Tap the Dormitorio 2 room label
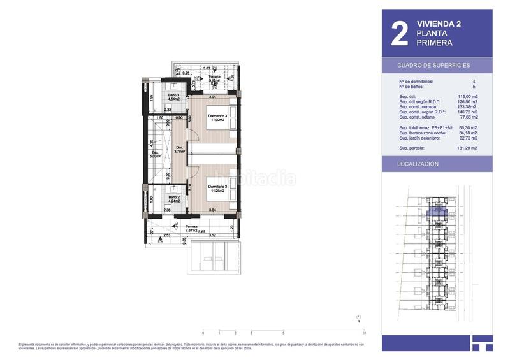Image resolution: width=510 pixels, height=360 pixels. pyautogui.click(x=217, y=187)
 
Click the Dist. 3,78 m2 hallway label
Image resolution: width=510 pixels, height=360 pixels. pyautogui.click(x=180, y=150)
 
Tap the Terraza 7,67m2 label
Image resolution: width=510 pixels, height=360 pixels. pyautogui.click(x=192, y=229)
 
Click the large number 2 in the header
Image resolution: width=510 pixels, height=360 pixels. pyautogui.click(x=400, y=35)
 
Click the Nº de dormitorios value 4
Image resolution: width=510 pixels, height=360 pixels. pyautogui.click(x=474, y=82)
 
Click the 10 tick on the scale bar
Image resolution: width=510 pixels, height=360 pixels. pyautogui.click(x=363, y=333)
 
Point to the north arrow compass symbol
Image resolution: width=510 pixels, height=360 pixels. pyautogui.click(x=359, y=318)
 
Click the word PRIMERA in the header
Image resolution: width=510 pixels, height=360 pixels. pyautogui.click(x=434, y=43)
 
